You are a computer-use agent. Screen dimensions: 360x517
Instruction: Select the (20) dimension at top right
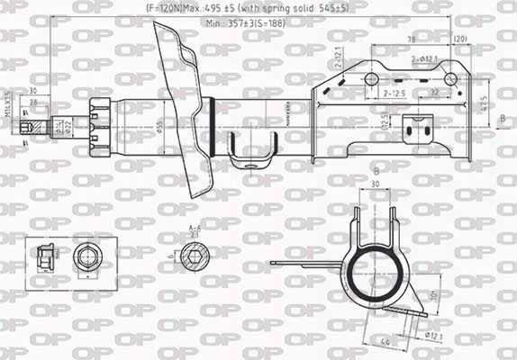point(461,40)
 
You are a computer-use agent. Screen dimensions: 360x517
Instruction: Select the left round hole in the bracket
point(369,80)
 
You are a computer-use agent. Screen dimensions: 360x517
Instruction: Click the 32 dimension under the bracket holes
point(434,92)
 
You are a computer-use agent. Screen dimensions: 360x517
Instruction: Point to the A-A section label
point(195,231)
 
